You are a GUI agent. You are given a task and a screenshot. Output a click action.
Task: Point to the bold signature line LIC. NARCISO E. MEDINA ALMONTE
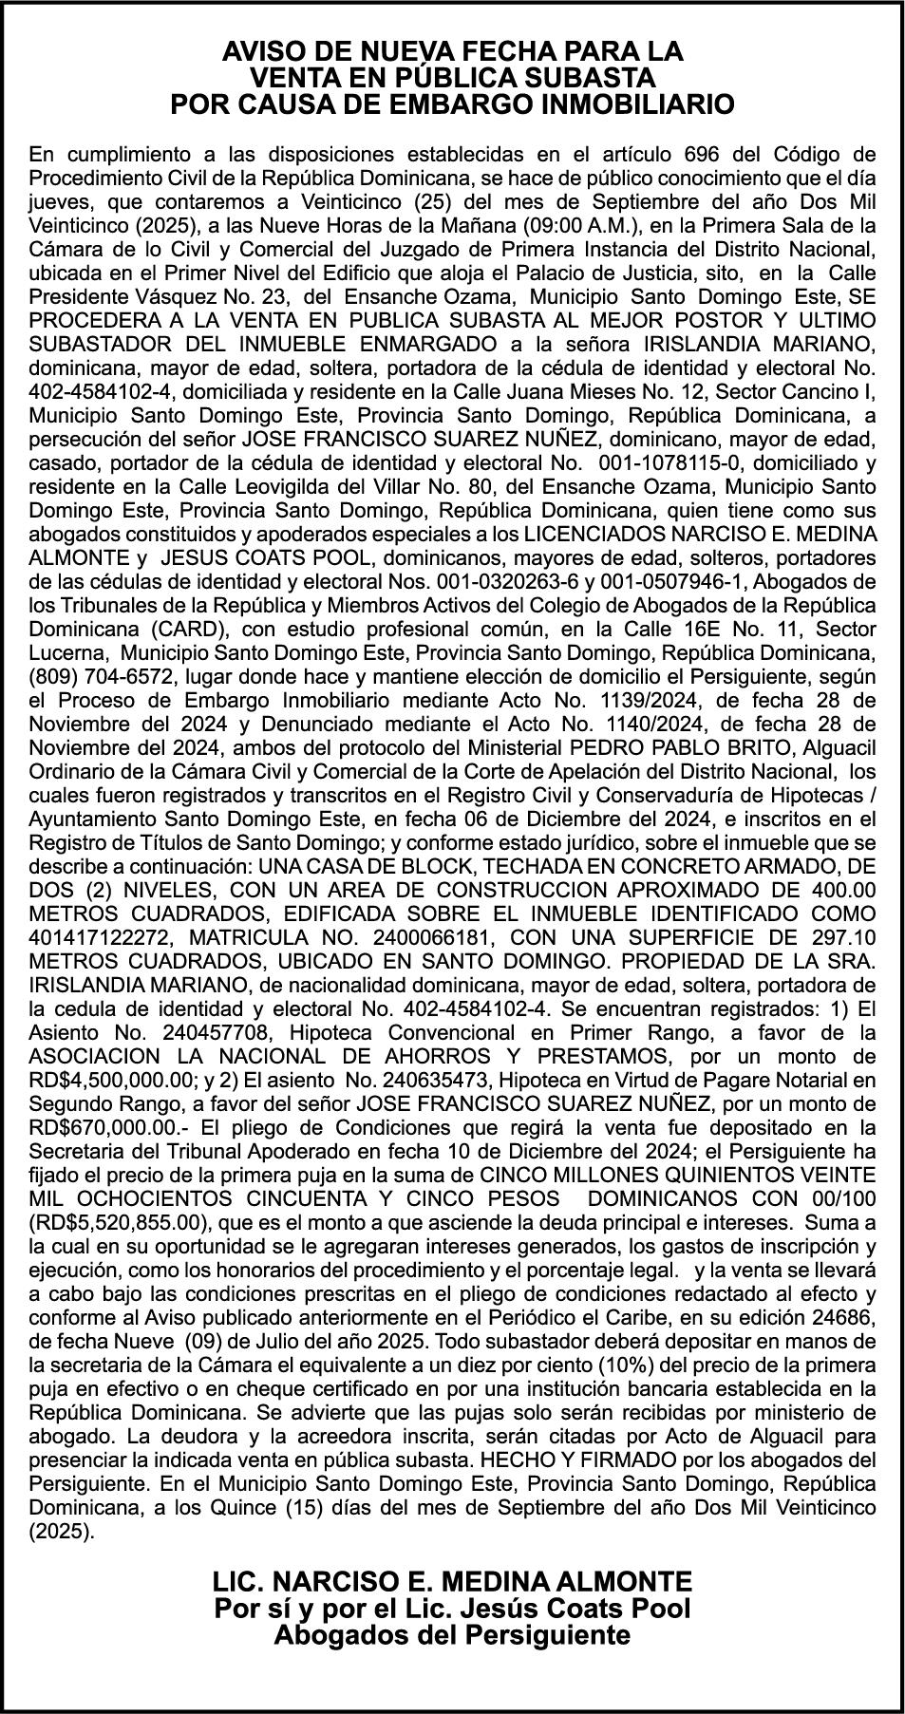[x=453, y=1581]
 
